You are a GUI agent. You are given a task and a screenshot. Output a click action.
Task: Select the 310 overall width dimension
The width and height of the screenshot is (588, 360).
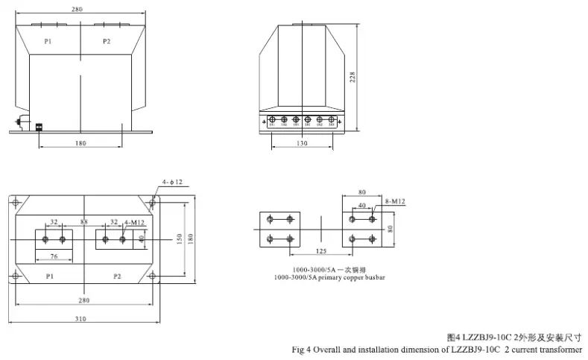80,318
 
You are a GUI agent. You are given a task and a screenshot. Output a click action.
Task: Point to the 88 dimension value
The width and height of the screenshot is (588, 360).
83,221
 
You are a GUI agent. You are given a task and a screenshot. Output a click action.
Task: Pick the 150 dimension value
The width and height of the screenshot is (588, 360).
179,239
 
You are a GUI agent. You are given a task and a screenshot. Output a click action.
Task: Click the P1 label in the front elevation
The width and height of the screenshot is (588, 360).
48,42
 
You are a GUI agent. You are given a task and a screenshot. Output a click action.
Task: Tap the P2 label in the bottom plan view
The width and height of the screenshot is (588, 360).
117,277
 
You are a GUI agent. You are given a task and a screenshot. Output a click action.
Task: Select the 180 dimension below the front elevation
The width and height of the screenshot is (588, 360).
80,142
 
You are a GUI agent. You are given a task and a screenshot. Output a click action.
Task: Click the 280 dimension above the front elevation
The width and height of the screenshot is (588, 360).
80,10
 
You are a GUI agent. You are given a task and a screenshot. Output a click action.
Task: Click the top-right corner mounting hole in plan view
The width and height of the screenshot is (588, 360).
153,201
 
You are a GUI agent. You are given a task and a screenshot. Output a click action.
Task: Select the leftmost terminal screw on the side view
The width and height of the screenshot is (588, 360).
272,119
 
